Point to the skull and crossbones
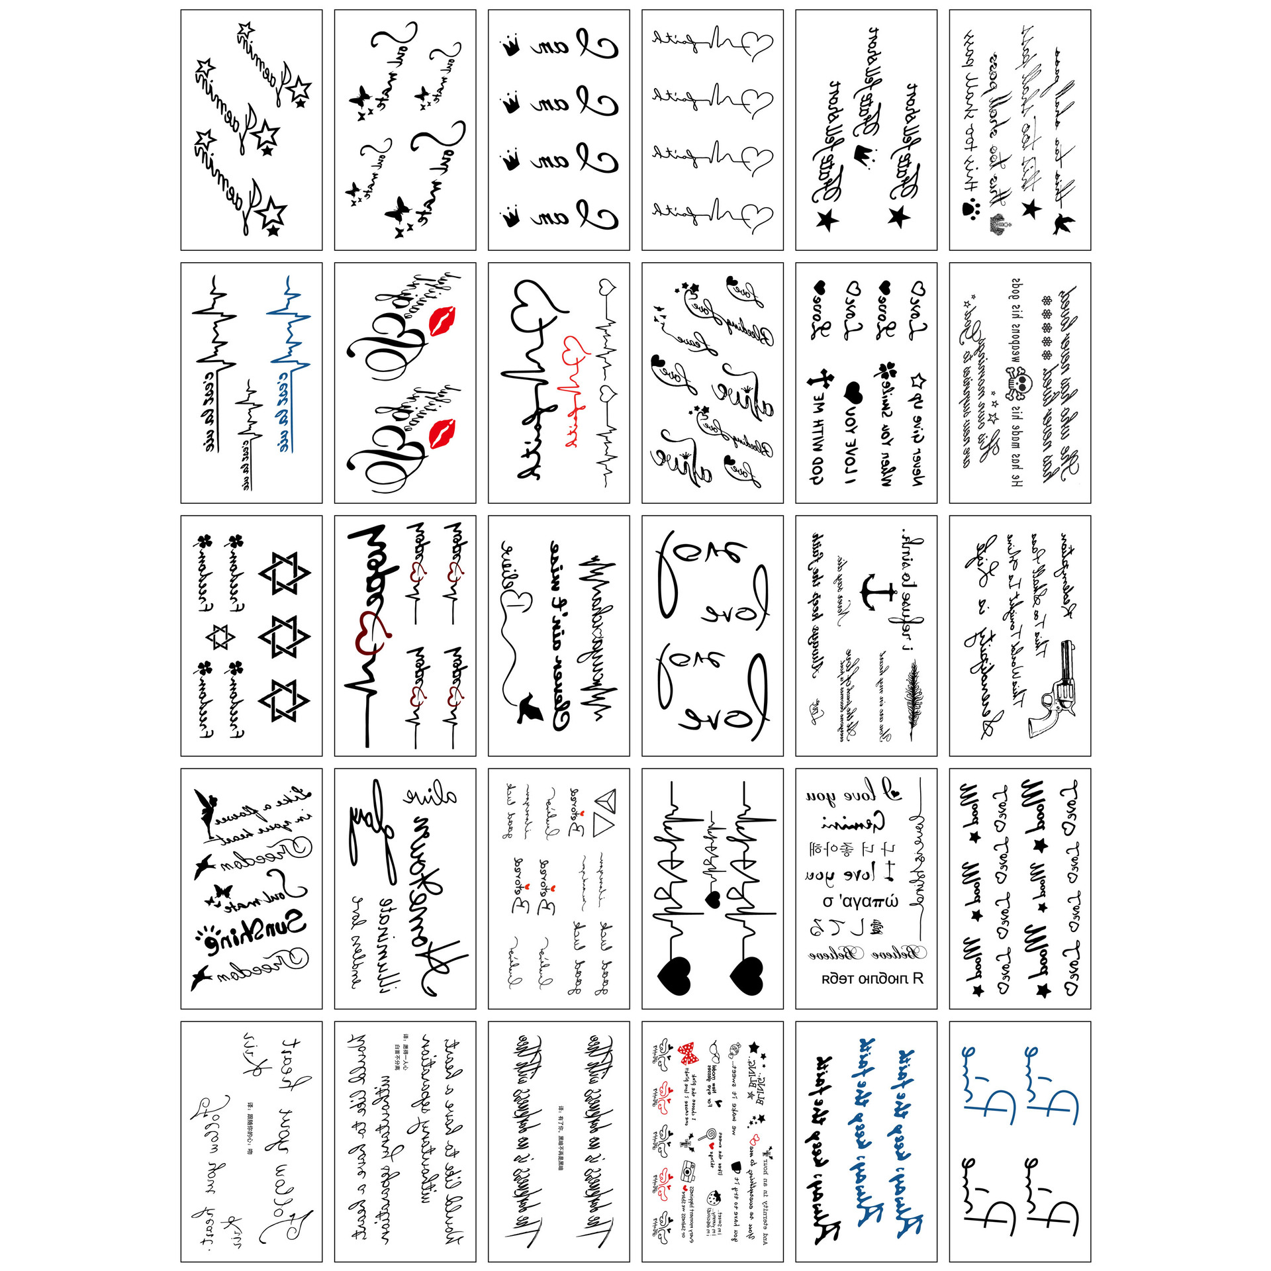(1020, 385)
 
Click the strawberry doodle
(714, 1198)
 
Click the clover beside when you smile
(885, 371)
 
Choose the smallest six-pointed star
(220, 637)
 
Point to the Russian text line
(872, 978)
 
